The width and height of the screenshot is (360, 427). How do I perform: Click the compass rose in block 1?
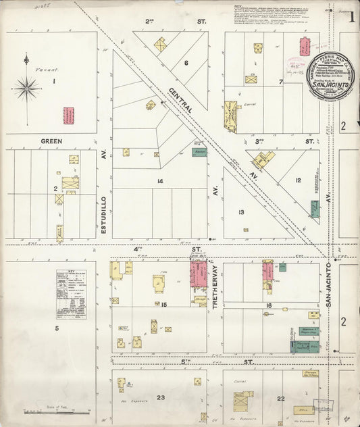pyautogui.click(x=26, y=88)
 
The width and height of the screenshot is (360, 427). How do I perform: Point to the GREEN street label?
pyautogui.click(x=51, y=142)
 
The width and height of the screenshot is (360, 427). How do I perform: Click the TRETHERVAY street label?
pyautogui.click(x=216, y=289)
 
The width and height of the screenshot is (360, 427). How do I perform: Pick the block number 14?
pyautogui.click(x=159, y=181)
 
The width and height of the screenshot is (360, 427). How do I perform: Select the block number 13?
pyautogui.click(x=241, y=212)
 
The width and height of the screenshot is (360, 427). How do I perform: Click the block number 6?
pyautogui.click(x=186, y=63)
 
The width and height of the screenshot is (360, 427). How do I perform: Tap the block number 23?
pyautogui.click(x=161, y=398)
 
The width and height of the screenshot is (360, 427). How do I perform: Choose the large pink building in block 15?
pyautogui.click(x=199, y=274)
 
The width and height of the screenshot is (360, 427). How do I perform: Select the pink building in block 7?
pyautogui.click(x=305, y=47)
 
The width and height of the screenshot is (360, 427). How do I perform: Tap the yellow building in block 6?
pyautogui.click(x=160, y=45)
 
